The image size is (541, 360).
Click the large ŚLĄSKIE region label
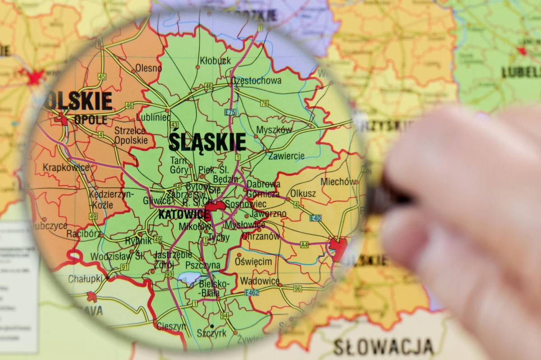pyautogui.click(x=207, y=142)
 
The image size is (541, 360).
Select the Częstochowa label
pyautogui.click(x=256, y=81)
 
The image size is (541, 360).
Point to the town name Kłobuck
pyautogui.click(x=215, y=60)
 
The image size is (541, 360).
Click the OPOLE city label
pyautogui.click(x=91, y=120)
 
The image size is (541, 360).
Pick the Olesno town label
pyautogui.click(x=148, y=68)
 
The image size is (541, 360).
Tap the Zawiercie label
pyautogui.click(x=286, y=156)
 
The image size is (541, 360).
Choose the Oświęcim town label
pyautogui.click(x=253, y=262)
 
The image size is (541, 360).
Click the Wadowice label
pyautogui.click(x=260, y=281)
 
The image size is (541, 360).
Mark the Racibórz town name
pyautogui.click(x=83, y=234)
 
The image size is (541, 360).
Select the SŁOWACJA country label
pyautogui.click(x=383, y=346)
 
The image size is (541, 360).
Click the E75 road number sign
pyautogui.click(x=230, y=112)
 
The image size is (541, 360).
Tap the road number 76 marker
pyautogui.click(x=264, y=104)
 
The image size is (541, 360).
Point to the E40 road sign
pyautogui.click(x=316, y=218)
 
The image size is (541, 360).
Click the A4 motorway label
pyautogui.click(x=304, y=245)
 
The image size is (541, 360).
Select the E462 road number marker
pyautogui.click(x=252, y=293)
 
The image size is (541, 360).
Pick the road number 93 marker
pyautogui.click(x=169, y=274)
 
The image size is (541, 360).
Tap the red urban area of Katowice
pyautogui.click(x=215, y=206)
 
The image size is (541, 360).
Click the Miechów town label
pyautogui.click(x=337, y=182)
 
